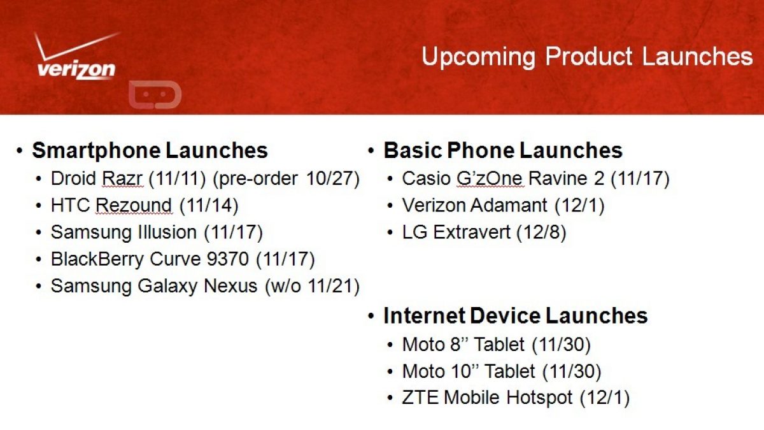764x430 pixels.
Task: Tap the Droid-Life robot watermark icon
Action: pos(155,95)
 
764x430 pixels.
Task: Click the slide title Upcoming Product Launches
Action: pos(587,57)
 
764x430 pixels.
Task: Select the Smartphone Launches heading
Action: pos(150,150)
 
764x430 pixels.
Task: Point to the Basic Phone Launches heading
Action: pos(503,150)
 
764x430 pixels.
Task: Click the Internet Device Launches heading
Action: pos(515,316)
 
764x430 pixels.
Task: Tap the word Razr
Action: pos(122,178)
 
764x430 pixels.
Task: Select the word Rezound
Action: pos(134,205)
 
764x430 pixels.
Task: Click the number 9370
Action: pos(227,259)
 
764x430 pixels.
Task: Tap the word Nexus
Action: pos(230,286)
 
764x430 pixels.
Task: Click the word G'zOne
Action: pos(489,178)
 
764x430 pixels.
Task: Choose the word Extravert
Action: pos(472,233)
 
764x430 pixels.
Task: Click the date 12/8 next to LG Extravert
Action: pos(541,233)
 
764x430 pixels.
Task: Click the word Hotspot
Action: pos(539,398)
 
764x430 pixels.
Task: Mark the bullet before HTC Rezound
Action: pos(39,206)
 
